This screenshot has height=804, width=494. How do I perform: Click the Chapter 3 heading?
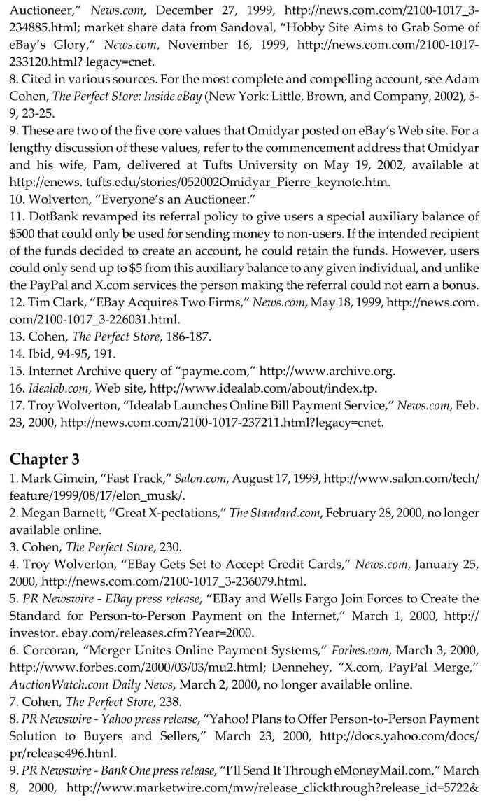click(45, 459)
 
